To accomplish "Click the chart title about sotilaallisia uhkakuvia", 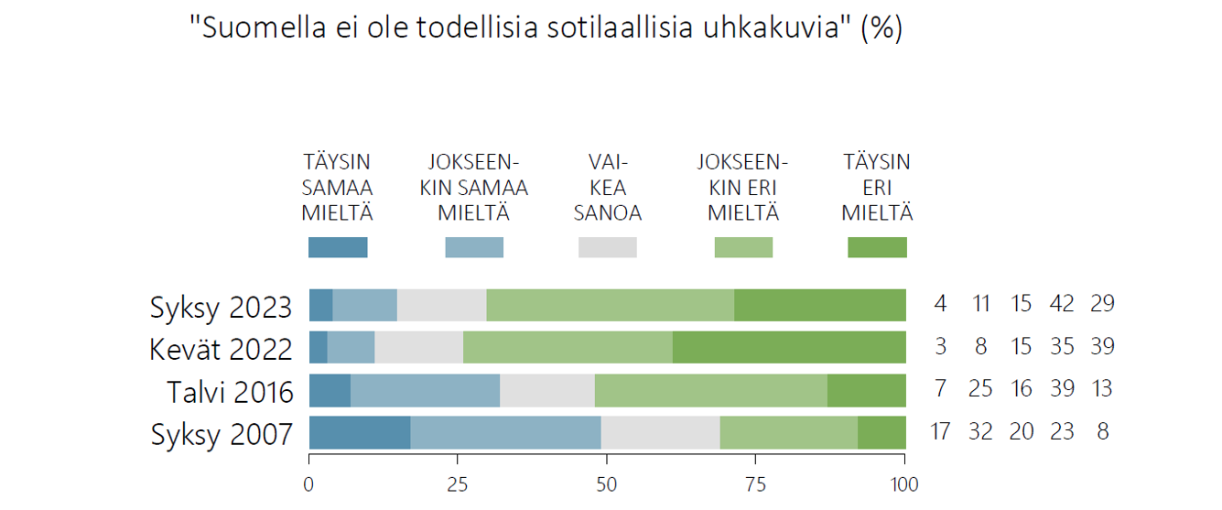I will tap(546, 28).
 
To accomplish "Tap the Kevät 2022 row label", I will tap(222, 348).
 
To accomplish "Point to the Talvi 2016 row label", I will tap(230, 391).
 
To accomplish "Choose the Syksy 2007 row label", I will tap(221, 433).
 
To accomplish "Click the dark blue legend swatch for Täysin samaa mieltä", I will tap(338, 247).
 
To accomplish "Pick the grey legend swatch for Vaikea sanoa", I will tap(607, 247).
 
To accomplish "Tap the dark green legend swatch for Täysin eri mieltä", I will tap(877, 247).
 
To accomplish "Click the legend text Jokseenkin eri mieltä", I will tap(742, 188).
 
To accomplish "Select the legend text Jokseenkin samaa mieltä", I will tap(473, 188).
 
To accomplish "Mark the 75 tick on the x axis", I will tap(756, 484).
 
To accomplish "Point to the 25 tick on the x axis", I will tap(458, 484).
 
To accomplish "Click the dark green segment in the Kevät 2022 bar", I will tap(789, 348).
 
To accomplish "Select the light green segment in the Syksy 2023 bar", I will tap(610, 305).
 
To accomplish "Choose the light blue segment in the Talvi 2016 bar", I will tap(425, 390).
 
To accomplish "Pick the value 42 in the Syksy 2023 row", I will tap(1062, 304).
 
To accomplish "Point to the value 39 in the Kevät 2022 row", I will tap(1101, 347).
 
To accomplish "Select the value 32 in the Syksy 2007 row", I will tap(980, 431).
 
